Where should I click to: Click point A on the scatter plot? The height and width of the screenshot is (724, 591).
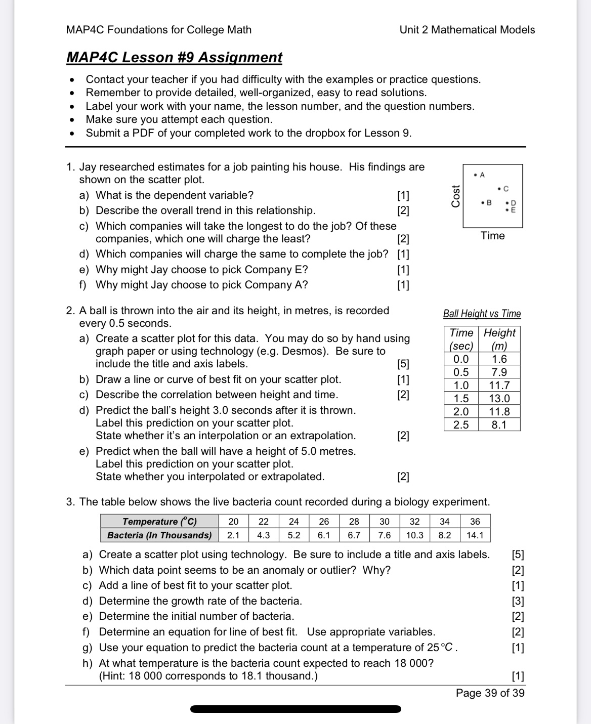pyautogui.click(x=475, y=175)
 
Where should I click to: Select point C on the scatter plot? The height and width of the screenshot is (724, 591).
pyautogui.click(x=499, y=189)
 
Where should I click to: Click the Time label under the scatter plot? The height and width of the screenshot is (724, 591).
pyautogui.click(x=492, y=236)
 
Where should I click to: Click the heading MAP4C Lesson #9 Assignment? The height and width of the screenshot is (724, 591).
pyautogui.click(x=174, y=58)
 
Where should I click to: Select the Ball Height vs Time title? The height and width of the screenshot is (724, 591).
pyautogui.click(x=482, y=314)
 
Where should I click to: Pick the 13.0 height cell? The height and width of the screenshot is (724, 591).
pyautogui.click(x=499, y=399)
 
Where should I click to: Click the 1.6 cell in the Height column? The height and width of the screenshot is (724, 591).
pyautogui.click(x=499, y=359)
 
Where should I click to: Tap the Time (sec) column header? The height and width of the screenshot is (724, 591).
pyautogui.click(x=461, y=339)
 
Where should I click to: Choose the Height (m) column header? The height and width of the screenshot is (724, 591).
pyautogui.click(x=499, y=339)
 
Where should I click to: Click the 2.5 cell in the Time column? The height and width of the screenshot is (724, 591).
pyautogui.click(x=461, y=425)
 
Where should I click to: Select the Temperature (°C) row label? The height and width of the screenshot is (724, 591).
pyautogui.click(x=159, y=522)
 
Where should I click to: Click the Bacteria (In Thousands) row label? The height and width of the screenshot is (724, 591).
pyautogui.click(x=159, y=535)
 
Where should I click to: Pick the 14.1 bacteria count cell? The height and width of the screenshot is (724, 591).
pyautogui.click(x=475, y=535)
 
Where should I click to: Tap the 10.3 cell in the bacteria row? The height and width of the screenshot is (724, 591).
pyautogui.click(x=414, y=535)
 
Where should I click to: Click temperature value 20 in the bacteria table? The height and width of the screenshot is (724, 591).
pyautogui.click(x=233, y=522)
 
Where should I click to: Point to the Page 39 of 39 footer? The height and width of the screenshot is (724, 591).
pyautogui.click(x=490, y=693)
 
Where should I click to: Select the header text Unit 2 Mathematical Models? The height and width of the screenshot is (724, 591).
pyautogui.click(x=467, y=30)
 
